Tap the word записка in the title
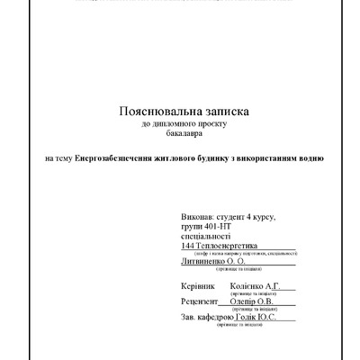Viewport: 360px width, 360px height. [220, 110]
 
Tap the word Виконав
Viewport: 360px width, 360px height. [197, 218]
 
